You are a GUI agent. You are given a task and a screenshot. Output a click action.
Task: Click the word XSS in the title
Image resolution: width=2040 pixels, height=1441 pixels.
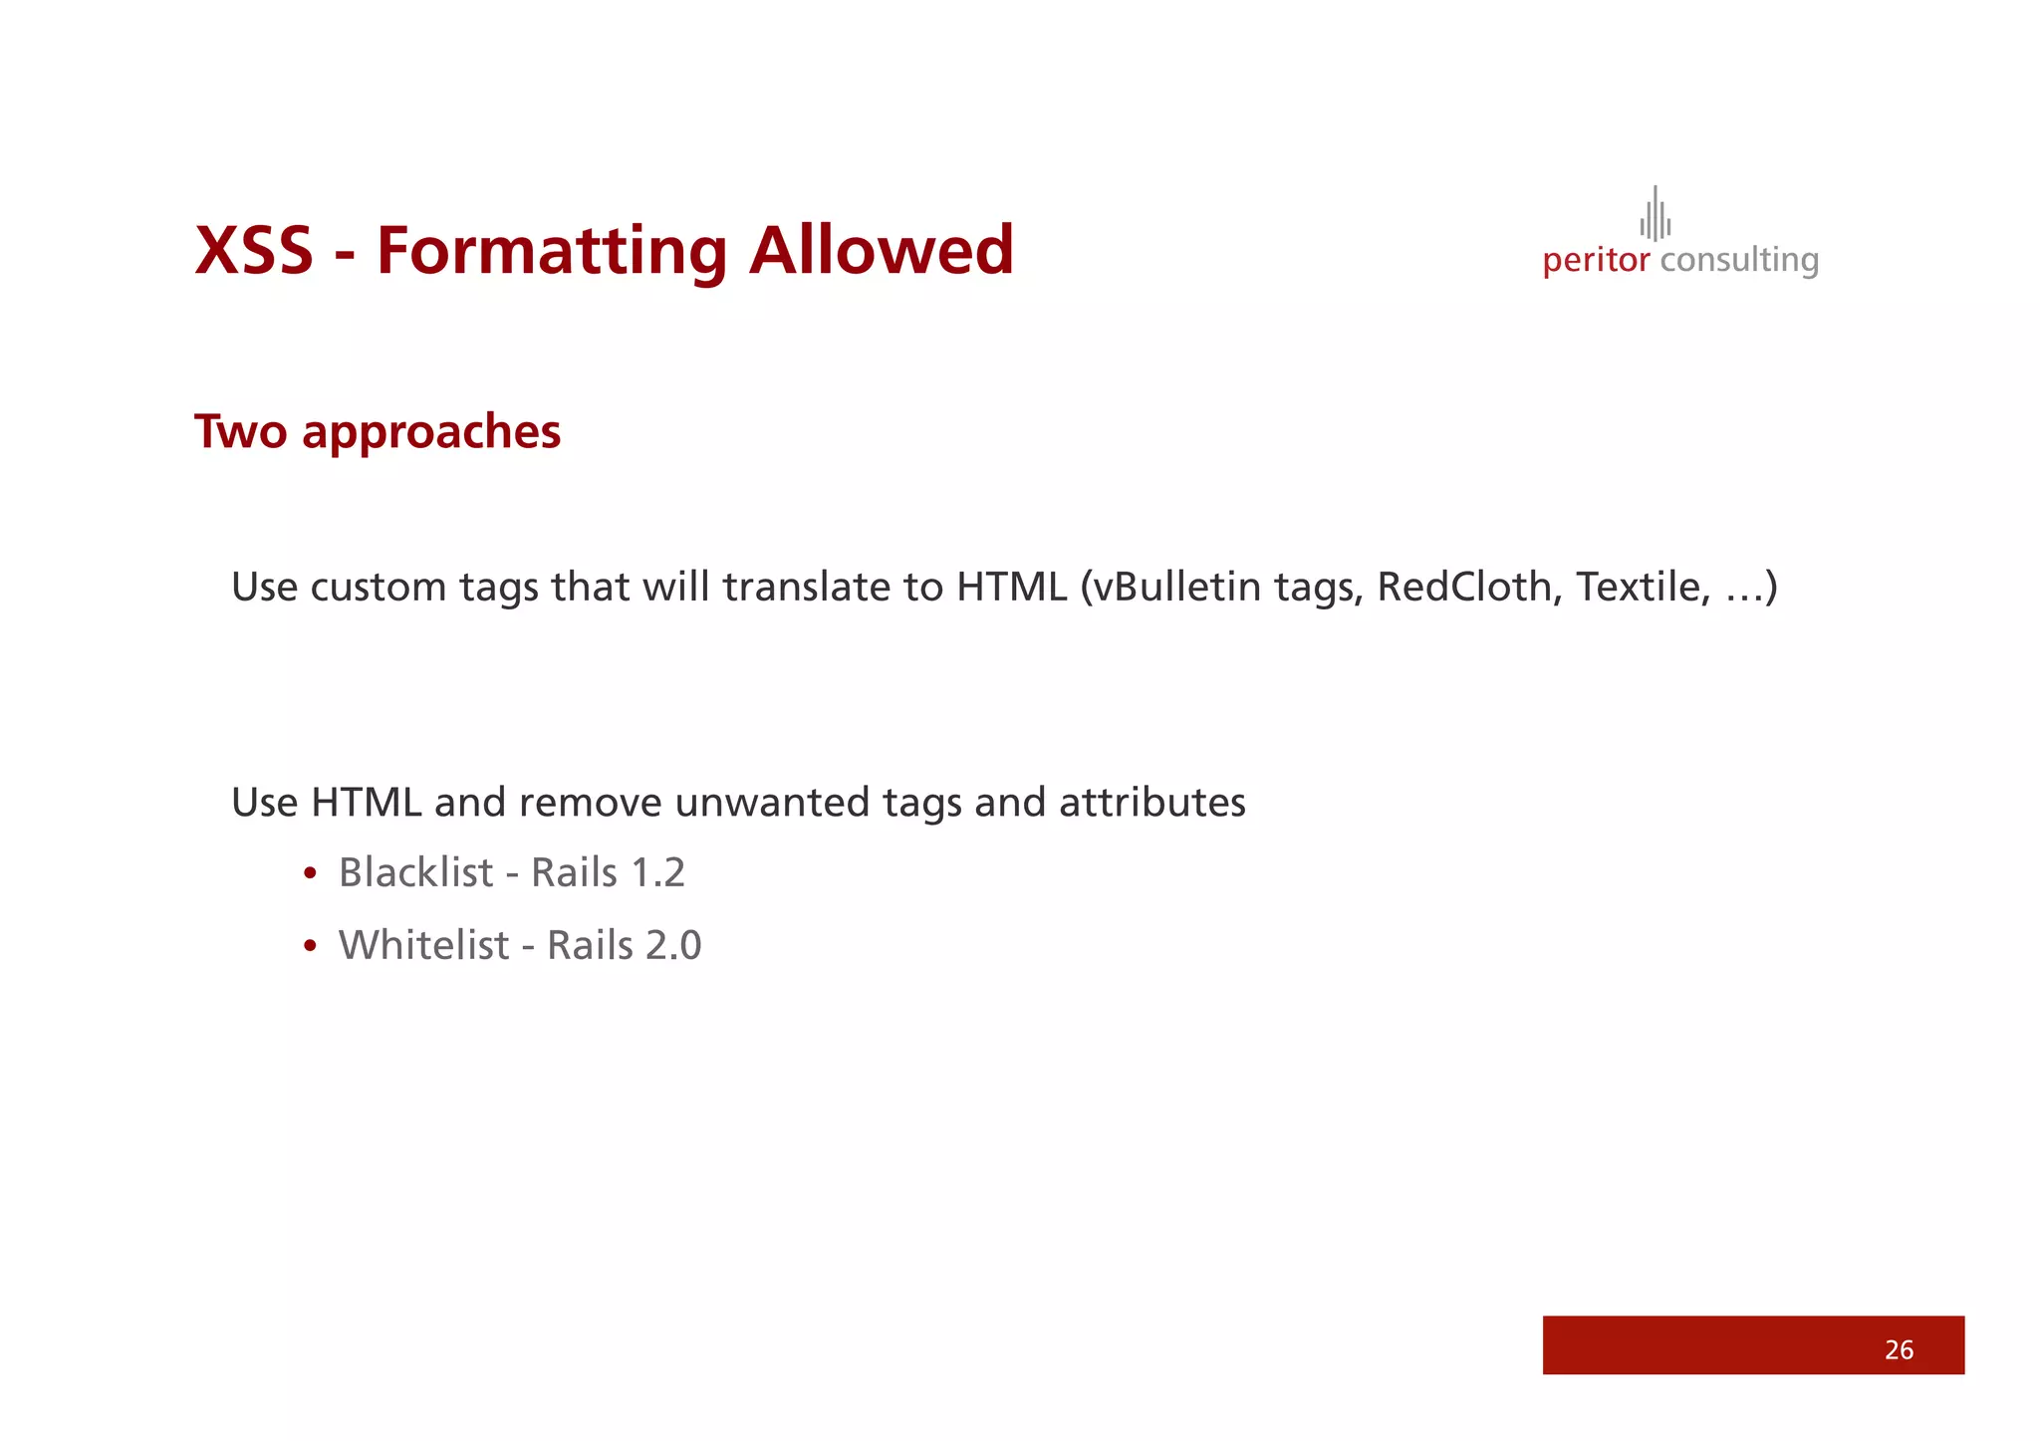254,250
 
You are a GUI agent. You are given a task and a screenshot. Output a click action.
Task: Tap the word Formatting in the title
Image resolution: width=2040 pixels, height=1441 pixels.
551,252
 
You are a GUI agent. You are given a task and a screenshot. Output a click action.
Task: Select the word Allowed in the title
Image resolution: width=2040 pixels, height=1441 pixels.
882,250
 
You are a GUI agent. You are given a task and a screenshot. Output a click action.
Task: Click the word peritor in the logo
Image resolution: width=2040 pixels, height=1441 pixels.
1596,261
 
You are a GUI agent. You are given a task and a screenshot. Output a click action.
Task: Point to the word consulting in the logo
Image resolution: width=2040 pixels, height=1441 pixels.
1739,261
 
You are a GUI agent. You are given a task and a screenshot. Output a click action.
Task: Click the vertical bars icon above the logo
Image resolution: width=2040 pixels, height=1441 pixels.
1656,214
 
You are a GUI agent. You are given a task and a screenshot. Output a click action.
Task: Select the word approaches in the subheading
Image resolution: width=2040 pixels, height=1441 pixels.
431,433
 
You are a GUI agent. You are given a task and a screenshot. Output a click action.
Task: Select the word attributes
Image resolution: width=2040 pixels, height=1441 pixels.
1152,803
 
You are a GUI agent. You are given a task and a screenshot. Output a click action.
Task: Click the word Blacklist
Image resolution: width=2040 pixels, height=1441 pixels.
415,872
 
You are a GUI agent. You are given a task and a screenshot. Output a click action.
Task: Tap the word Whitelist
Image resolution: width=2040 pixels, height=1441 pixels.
423,945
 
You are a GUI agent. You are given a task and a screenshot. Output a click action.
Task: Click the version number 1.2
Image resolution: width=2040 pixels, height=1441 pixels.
658,872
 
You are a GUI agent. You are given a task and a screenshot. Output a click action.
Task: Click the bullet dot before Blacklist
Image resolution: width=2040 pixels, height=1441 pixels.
311,874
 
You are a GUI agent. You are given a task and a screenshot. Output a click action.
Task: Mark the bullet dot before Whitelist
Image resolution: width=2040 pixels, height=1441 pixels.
311,947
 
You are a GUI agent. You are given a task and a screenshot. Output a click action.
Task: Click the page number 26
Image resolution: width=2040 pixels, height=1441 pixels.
1899,1349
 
